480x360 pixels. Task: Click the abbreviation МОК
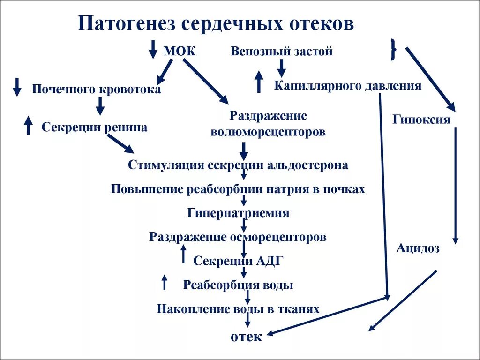(179, 51)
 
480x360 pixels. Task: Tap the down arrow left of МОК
(153, 49)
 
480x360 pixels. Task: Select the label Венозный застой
(281, 51)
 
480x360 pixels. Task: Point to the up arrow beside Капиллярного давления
(258, 82)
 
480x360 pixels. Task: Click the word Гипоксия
(421, 119)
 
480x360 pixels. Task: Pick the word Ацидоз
(418, 248)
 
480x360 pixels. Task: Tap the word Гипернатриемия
(238, 213)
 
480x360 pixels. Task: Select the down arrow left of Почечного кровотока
(17, 87)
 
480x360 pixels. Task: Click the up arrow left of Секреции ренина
(28, 125)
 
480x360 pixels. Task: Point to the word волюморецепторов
(268, 132)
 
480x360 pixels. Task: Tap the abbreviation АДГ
(270, 261)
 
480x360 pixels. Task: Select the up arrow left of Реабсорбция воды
(164, 282)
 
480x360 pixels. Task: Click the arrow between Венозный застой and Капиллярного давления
(281, 68)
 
